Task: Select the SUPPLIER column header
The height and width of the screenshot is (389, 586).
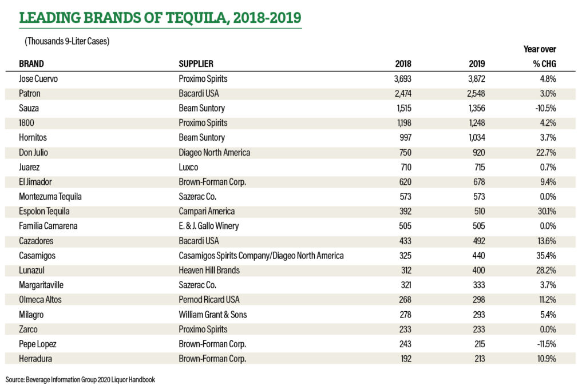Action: coord(196,64)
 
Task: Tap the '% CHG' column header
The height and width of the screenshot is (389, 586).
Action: coord(545,64)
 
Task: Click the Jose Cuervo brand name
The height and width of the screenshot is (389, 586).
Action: coord(38,79)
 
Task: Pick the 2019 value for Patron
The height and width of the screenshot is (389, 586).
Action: coord(476,93)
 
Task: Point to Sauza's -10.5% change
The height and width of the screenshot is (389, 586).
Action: coord(545,108)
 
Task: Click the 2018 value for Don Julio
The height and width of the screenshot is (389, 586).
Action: coord(405,153)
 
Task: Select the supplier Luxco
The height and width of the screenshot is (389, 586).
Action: coord(188,168)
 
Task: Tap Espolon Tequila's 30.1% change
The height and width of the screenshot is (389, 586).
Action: coord(547,212)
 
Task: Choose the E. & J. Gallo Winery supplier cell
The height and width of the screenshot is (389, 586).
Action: coord(208,226)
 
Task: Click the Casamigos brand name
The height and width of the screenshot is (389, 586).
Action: coord(37,256)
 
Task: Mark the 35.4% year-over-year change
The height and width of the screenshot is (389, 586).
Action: coord(547,256)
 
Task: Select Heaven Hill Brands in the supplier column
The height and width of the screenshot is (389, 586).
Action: coord(209,271)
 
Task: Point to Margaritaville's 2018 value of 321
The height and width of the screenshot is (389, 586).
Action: coord(406,285)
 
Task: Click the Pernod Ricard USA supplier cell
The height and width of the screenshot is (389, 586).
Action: coord(209,300)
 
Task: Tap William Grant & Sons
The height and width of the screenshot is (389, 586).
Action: coord(213,315)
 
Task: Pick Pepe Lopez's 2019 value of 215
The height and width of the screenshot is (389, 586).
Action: coord(480,344)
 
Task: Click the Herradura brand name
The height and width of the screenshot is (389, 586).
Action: coord(35,359)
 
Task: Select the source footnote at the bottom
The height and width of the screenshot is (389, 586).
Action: coord(80,380)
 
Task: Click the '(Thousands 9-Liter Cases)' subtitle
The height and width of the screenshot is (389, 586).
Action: coord(67,41)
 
